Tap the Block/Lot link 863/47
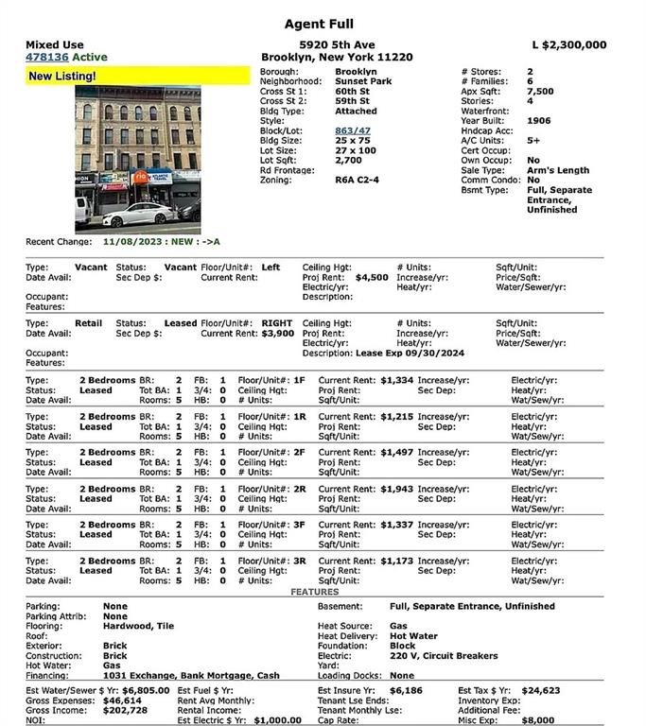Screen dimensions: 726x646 click(353, 130)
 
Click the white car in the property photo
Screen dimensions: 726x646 click(139, 215)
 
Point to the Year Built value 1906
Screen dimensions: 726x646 click(539, 121)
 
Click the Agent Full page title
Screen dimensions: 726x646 click(323, 24)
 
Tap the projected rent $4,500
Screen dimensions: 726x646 click(372, 279)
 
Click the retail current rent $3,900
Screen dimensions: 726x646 click(277, 334)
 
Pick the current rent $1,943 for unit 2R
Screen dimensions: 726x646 click(397, 489)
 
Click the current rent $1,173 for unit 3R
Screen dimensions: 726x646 click(397, 561)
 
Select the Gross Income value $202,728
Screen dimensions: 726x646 click(126, 709)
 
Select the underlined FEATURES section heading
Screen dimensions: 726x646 click(314, 592)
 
